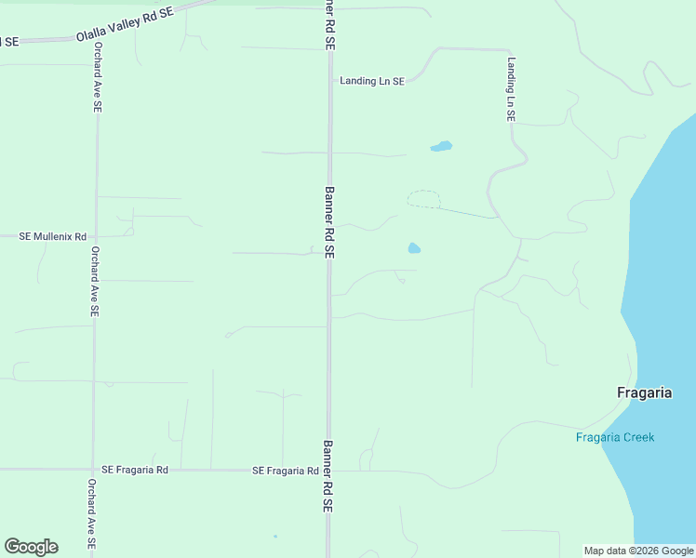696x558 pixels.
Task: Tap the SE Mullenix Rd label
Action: pos(53,237)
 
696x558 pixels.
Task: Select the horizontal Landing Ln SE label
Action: pos(372,82)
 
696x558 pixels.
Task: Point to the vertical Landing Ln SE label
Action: pos(511,90)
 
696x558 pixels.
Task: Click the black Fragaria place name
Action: pos(644,392)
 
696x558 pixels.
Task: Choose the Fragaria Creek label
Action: pos(615,438)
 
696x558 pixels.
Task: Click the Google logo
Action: pos(31,547)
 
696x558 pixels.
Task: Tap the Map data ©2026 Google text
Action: pos(638,551)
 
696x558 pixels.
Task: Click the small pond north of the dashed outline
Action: pos(441,147)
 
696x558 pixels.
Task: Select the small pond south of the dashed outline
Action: pos(414,248)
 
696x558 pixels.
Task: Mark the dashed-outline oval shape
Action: pos(424,199)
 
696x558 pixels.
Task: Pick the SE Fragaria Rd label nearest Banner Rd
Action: pos(286,471)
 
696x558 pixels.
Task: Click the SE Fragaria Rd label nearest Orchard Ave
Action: pos(135,471)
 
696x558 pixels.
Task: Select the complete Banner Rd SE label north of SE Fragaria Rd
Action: pos(328,221)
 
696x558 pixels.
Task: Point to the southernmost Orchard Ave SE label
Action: pos(91,516)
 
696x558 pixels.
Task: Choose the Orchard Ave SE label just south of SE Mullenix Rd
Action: pos(94,282)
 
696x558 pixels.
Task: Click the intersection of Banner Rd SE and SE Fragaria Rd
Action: pos(328,471)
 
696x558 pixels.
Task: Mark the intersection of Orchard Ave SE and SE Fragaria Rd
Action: pos(93,471)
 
